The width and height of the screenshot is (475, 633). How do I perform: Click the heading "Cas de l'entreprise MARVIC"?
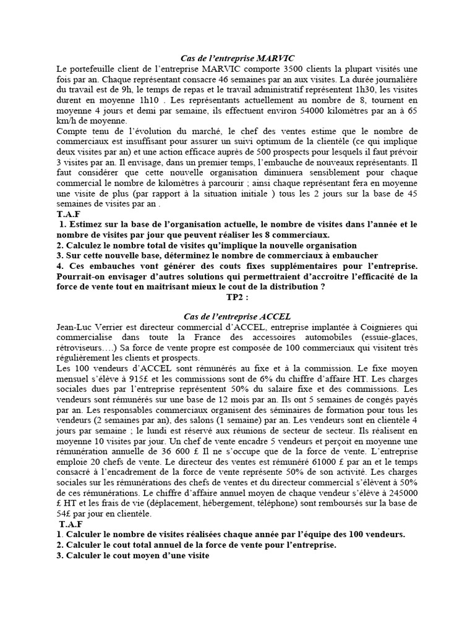coord(237,57)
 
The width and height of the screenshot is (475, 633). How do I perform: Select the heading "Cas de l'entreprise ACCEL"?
coord(237,316)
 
